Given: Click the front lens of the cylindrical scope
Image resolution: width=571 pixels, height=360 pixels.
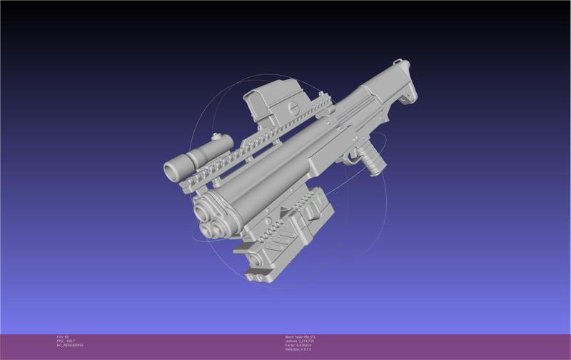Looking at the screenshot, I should coord(172,170).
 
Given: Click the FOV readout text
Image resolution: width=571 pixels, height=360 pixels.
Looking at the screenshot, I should coord(62,336).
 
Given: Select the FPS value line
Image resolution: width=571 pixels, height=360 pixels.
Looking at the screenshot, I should coord(66,341).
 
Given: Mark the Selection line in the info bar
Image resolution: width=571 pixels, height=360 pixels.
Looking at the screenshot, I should coord(299,349).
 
